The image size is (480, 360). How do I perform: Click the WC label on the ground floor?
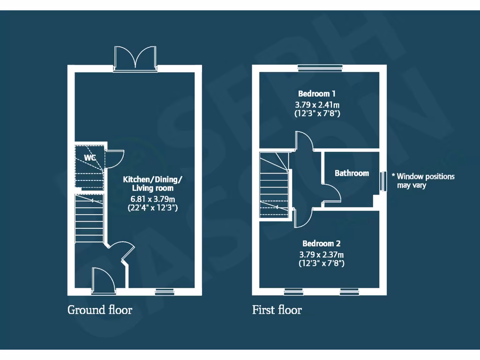(x=90, y=157)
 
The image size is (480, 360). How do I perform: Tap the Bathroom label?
(x=352, y=173)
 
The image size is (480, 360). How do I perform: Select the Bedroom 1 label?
(x=316, y=94)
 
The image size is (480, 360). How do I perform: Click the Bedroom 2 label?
(x=321, y=244)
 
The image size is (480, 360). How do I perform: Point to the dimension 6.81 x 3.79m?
(x=153, y=198)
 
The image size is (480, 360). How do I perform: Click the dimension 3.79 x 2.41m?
(x=317, y=104)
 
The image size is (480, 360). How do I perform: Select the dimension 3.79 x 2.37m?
(x=322, y=255)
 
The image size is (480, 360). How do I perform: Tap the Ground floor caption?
(x=100, y=310)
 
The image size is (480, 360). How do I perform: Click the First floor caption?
(x=277, y=310)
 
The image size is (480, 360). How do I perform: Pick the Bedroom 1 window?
(x=321, y=68)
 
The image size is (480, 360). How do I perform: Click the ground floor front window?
(x=165, y=292)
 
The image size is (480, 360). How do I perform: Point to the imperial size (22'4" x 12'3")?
(x=153, y=208)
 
